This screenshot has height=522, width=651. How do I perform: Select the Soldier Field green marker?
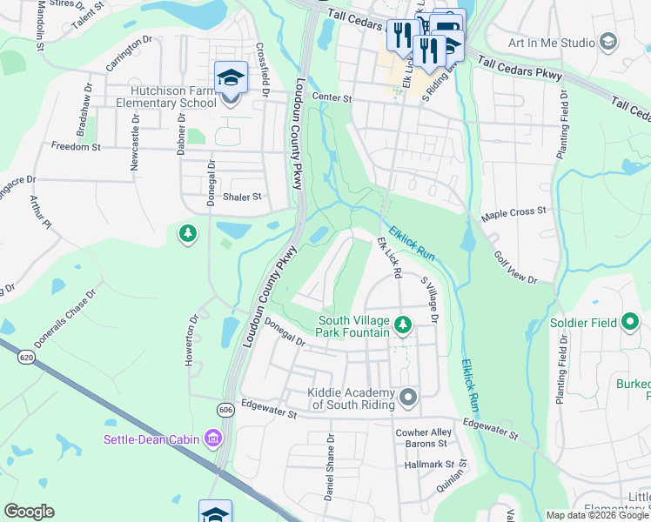coord(630,323)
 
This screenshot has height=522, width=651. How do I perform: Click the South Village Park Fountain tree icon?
coord(402,325)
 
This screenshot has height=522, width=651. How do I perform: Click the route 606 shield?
coord(226,410)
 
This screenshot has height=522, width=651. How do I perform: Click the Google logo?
coord(30,512)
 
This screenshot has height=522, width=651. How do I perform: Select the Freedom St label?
coord(76,146)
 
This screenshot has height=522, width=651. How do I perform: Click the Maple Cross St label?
coord(513,211)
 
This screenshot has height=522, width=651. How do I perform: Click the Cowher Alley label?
coord(424,432)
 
